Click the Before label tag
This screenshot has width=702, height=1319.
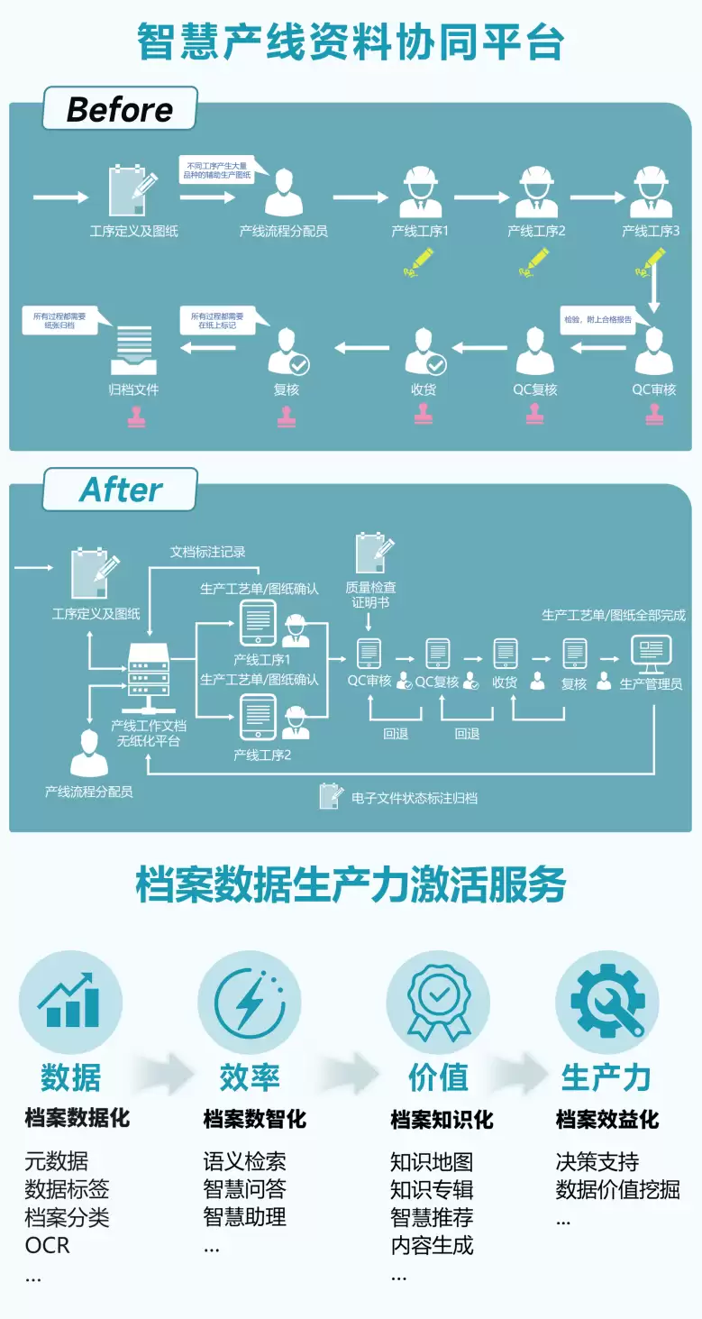(120, 110)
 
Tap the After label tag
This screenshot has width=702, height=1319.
(120, 490)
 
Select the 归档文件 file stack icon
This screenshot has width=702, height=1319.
(133, 348)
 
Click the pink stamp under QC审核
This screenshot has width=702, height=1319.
(655, 414)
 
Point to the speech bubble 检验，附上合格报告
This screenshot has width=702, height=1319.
(597, 320)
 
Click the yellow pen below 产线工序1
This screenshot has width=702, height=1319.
(417, 262)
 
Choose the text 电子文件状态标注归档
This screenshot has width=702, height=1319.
(414, 798)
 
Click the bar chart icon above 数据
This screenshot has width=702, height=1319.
(69, 1002)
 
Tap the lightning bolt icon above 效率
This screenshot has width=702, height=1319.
(250, 1002)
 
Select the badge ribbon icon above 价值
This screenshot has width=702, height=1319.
(438, 1002)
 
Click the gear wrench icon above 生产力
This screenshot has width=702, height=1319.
(606, 1002)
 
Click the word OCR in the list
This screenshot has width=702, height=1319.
(47, 1245)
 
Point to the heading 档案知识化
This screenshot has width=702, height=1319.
(442, 1120)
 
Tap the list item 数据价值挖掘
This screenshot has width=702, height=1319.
(617, 1189)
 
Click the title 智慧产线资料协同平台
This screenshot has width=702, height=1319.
(351, 41)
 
